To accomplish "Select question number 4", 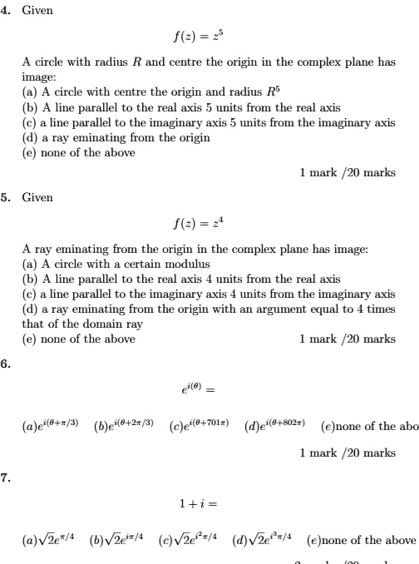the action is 7,10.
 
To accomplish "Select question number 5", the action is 7,197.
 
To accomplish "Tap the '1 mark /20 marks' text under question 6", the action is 348,453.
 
